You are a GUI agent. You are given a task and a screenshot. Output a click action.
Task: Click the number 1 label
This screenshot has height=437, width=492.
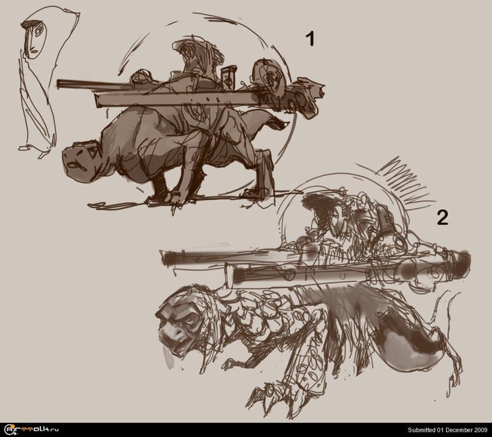(x=310, y=39)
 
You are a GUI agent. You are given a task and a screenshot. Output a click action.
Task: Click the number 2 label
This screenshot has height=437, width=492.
(x=443, y=217)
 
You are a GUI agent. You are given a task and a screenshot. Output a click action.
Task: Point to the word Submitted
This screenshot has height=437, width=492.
(x=422, y=430)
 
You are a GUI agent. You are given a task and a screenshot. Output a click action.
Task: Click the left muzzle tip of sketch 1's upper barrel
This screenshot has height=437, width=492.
(x=59, y=84)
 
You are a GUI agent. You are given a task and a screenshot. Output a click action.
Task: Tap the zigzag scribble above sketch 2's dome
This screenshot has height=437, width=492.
(x=405, y=180)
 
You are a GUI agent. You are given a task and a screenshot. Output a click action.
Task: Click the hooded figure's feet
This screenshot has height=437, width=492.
(x=34, y=151)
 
